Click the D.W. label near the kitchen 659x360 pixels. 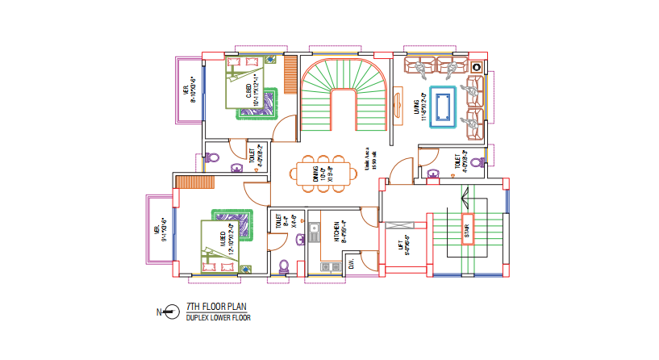point(352,264)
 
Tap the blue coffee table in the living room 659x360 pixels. point(443,107)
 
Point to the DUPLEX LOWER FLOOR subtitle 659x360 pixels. point(218,318)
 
